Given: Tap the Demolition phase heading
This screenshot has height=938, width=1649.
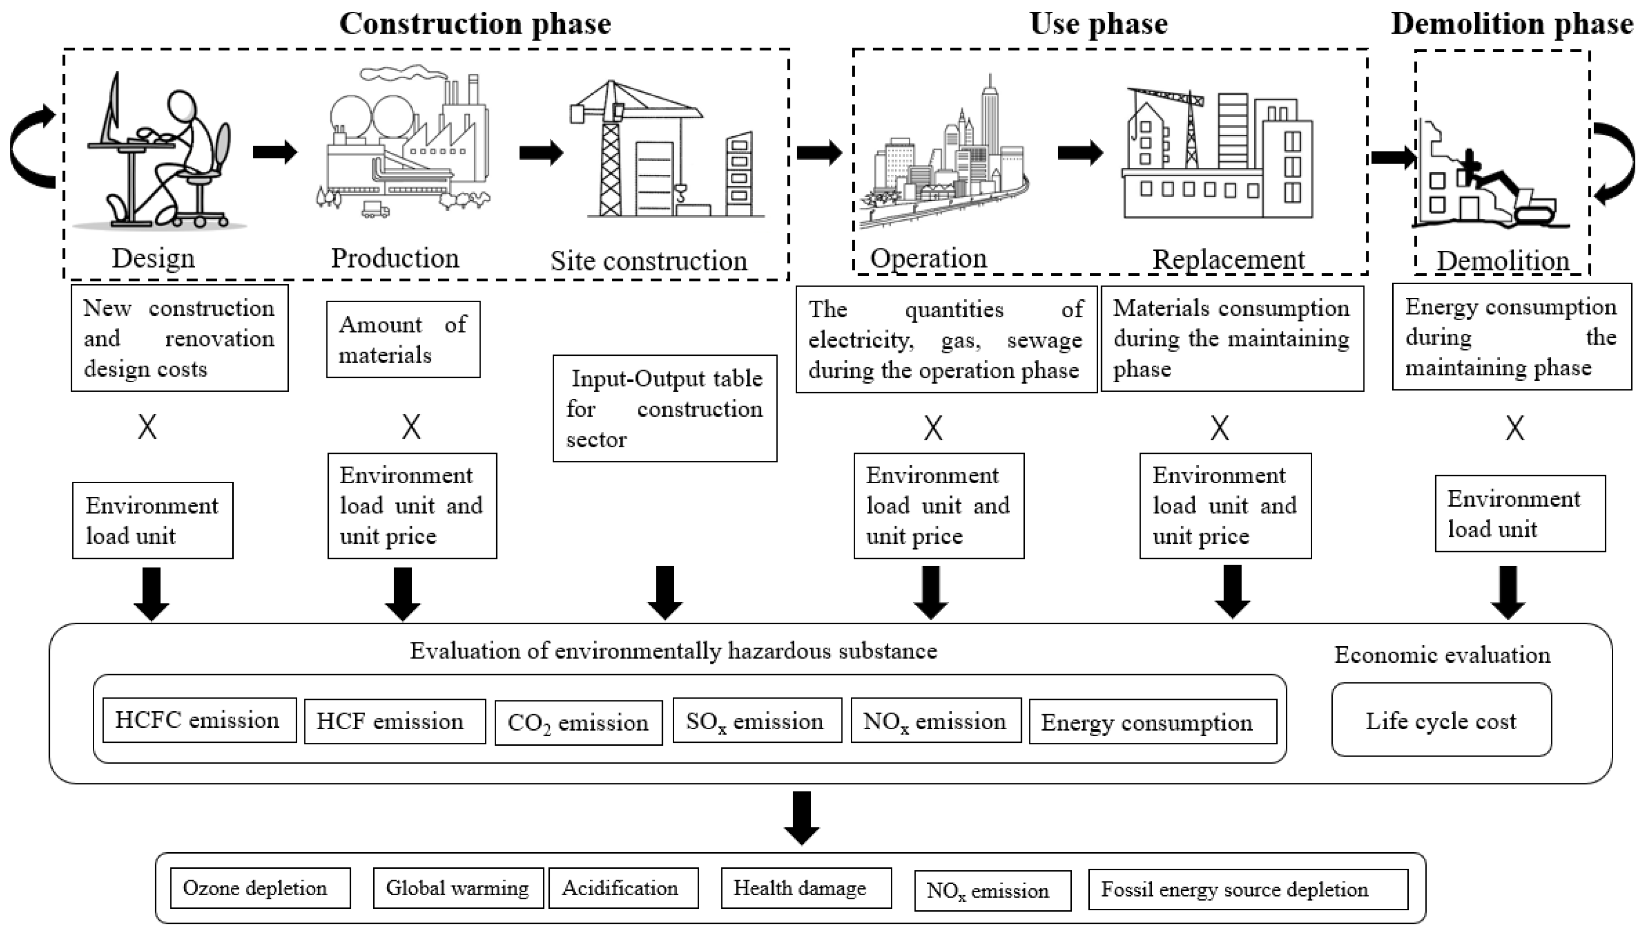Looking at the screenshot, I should point(1511,24).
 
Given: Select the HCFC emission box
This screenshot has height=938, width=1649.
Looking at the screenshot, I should point(199,720).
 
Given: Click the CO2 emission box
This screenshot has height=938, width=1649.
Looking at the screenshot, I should point(578,722).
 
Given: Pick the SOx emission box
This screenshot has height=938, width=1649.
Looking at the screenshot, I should point(757,720).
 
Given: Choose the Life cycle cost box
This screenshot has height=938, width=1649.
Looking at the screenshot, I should point(1441,720).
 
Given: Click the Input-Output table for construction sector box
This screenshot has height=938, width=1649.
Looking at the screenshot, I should point(664,409).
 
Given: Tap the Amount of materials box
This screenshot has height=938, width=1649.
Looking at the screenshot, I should point(403,339).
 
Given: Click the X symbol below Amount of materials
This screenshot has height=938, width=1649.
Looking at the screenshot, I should point(411,427).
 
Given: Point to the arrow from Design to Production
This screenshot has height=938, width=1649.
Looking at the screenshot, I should point(275,152).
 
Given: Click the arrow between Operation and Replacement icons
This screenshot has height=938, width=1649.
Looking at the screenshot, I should point(1080,153).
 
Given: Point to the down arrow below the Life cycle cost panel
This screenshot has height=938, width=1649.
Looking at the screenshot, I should point(801,817).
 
